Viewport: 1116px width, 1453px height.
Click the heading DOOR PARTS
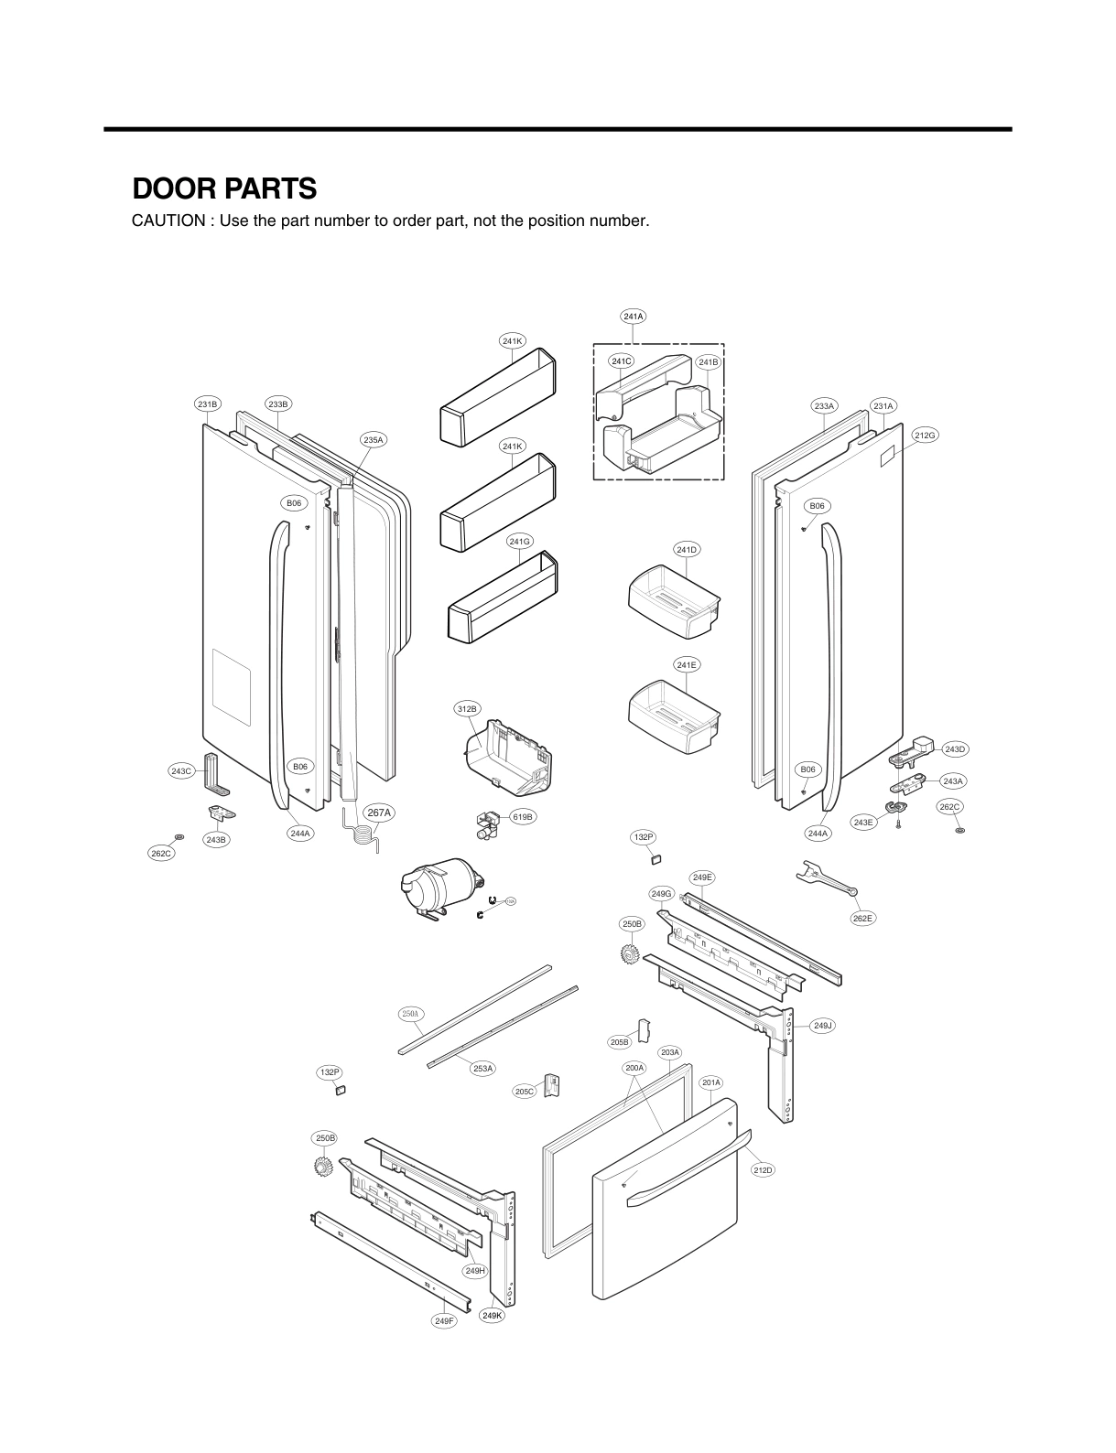point(224,188)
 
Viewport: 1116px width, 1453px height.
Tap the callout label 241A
point(633,317)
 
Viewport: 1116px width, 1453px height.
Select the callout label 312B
point(466,709)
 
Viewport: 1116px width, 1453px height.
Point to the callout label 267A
point(379,813)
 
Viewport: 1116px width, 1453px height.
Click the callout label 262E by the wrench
point(862,918)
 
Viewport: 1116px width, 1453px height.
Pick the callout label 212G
point(925,436)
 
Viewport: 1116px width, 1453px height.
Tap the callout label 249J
point(823,1026)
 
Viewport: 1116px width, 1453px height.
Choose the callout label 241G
point(519,542)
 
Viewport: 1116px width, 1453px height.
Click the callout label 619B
point(522,816)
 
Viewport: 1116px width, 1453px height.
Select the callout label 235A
point(374,440)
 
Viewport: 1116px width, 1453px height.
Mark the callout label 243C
point(181,771)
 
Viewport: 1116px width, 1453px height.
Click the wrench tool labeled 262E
point(826,879)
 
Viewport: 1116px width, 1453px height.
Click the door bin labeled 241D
point(676,600)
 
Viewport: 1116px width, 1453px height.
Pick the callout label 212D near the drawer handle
point(763,1169)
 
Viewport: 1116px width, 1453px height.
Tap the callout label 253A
point(482,1068)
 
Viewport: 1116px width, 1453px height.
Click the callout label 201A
point(711,1082)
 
